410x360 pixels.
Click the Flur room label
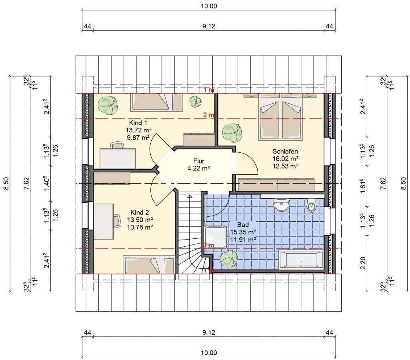coord(199,161)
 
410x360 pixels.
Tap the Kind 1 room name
coord(138,123)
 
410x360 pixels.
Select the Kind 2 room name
coord(140,212)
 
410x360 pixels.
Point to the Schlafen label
coord(285,151)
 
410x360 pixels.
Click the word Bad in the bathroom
coord(243,224)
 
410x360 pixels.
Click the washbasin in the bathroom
coord(281,205)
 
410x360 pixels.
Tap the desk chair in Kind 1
coord(117,145)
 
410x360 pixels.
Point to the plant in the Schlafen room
coord(232,132)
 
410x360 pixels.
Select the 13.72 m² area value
coord(138,130)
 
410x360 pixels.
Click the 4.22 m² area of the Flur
coord(199,168)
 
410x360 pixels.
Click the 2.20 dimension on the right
coord(363,263)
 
